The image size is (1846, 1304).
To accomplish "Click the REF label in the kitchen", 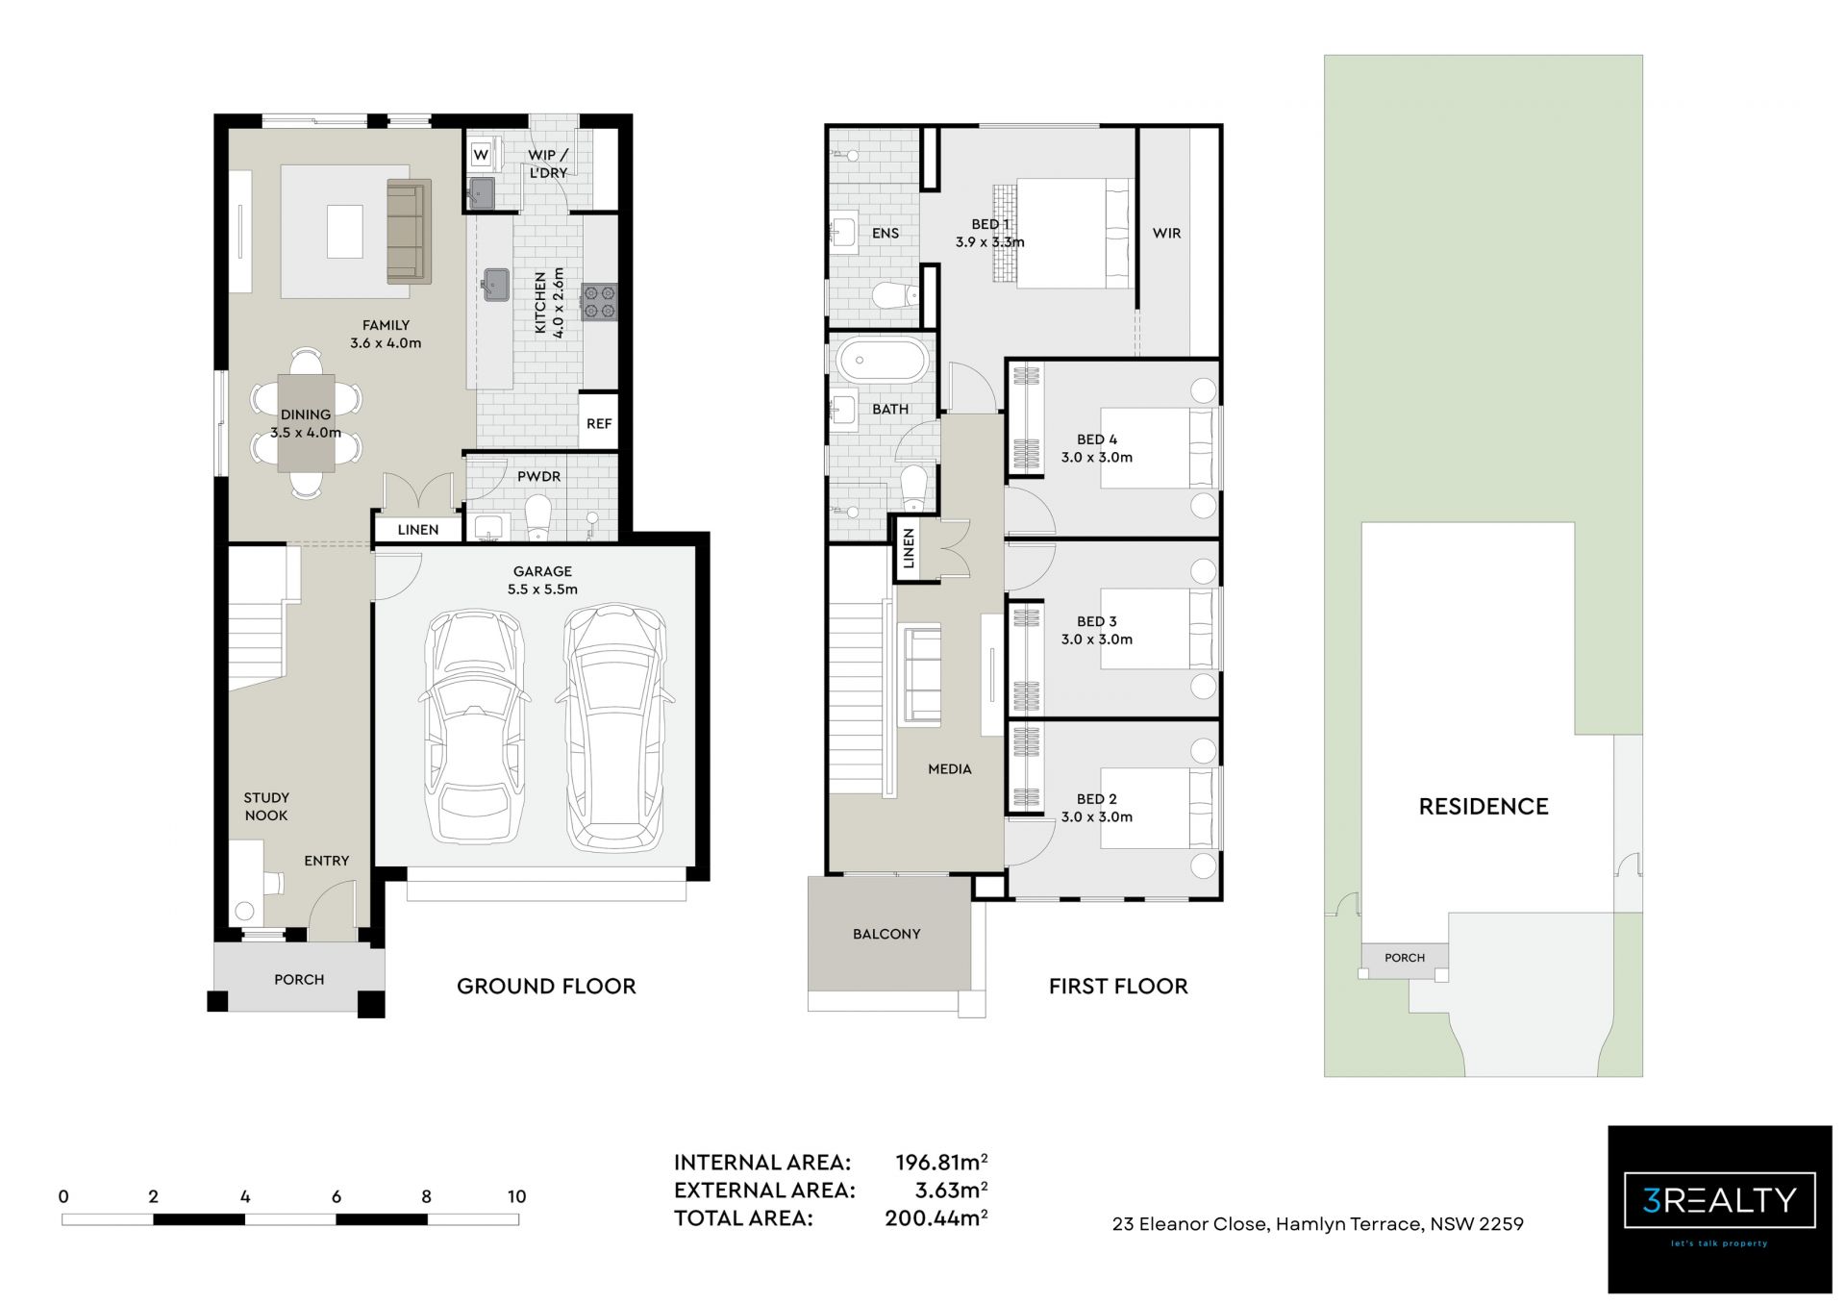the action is (x=599, y=423).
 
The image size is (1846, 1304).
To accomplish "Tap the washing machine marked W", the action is (x=481, y=155).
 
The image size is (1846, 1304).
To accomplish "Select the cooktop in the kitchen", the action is (x=600, y=302).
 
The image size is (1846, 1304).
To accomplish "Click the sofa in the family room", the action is (x=408, y=231).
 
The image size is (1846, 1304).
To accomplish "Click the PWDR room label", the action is (x=538, y=476).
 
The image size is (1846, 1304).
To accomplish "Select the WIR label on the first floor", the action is (x=1166, y=233).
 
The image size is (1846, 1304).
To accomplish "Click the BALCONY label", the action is (x=886, y=934).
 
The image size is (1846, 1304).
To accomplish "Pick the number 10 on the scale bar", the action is (x=517, y=1196).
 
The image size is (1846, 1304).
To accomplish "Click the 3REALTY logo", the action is (x=1719, y=1208).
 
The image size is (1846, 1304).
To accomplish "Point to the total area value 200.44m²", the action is (x=935, y=1218).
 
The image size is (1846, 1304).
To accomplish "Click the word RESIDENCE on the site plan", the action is (x=1484, y=807).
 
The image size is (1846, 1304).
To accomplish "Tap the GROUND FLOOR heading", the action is (x=546, y=987).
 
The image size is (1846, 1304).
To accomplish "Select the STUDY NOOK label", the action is (x=266, y=807).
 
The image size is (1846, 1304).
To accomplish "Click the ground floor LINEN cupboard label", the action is (x=418, y=530).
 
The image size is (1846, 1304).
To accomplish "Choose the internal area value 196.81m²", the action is (x=941, y=1162).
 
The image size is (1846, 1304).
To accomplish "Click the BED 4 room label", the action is (x=1097, y=439).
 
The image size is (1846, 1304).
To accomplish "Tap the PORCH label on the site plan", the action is (x=1405, y=958).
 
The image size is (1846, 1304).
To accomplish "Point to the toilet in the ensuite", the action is (x=894, y=295).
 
